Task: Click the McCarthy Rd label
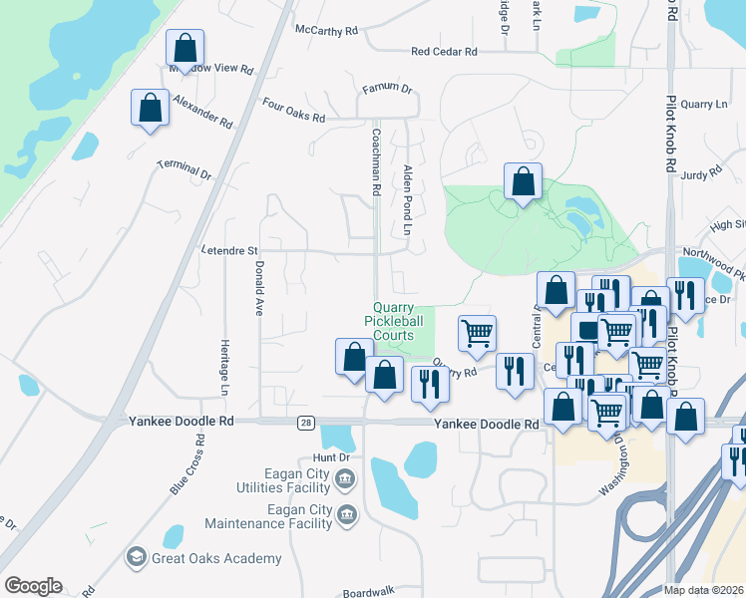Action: click(x=326, y=31)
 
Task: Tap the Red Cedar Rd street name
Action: click(x=444, y=51)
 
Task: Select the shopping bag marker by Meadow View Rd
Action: click(x=185, y=47)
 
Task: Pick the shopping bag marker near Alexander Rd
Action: click(x=150, y=107)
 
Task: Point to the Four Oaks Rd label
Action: click(x=293, y=110)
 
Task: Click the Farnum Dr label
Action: click(x=387, y=89)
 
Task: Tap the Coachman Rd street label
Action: click(x=376, y=160)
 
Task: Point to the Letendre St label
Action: click(x=229, y=251)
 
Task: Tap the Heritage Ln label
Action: click(x=223, y=364)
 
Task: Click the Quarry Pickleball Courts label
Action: click(x=393, y=322)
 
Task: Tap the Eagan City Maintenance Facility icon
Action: click(x=346, y=515)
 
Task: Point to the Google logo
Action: click(x=33, y=586)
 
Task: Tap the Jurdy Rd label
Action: click(x=700, y=174)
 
